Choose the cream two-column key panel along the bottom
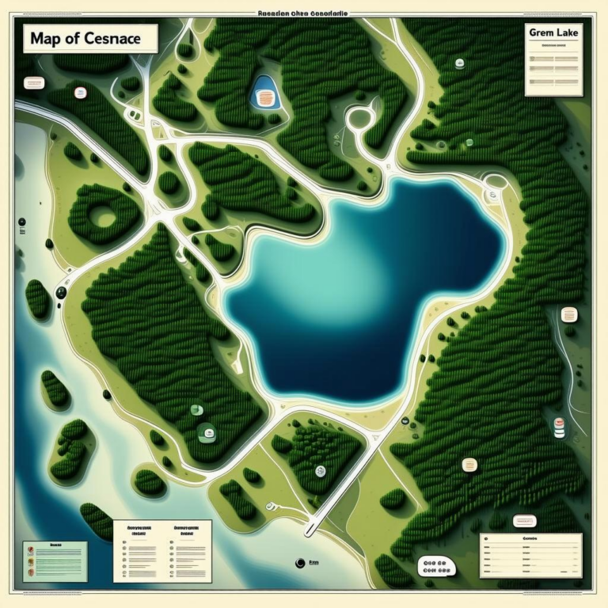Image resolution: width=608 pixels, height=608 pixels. click(162, 550)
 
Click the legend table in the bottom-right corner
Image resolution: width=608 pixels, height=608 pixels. click(530, 554)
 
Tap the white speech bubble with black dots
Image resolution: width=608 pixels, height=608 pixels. click(436, 566)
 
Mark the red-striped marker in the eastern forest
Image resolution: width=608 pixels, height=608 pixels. click(559, 427)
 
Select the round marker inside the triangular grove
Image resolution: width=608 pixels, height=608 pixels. click(320, 471)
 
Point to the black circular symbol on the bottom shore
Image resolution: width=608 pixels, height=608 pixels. click(299, 564)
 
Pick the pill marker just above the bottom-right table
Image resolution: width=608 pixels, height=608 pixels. click(523, 521)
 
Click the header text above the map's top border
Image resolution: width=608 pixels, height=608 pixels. click(304, 13)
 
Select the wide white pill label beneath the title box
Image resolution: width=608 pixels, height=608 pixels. click(34, 82)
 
